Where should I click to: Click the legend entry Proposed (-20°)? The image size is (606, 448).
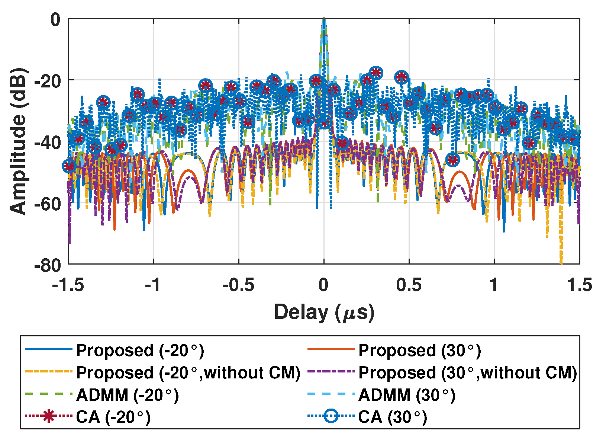pos(140,351)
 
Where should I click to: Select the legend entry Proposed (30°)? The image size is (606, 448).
pos(419,351)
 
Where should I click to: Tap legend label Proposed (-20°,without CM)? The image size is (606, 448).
pos(188,372)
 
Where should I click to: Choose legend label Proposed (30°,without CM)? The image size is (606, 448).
pos(468,372)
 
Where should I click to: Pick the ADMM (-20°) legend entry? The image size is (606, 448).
pos(127,395)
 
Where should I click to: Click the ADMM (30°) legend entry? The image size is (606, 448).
pos(407,395)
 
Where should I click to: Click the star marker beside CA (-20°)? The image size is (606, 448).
pos(48,416)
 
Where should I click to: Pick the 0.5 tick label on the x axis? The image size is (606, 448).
pos(409,285)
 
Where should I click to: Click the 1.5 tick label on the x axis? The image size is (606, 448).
pos(579,285)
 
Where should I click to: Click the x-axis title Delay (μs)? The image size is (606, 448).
pos(324,312)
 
